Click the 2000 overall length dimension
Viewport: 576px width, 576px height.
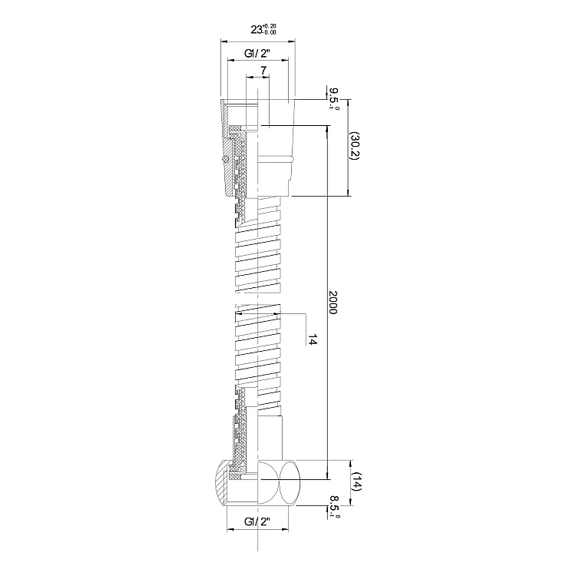tap(333, 303)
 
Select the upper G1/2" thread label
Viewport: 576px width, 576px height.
tap(257, 54)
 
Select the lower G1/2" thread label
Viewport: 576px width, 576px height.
tap(257, 521)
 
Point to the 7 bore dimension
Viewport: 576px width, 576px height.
tap(263, 71)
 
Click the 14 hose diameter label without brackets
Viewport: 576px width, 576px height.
tap(313, 339)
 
